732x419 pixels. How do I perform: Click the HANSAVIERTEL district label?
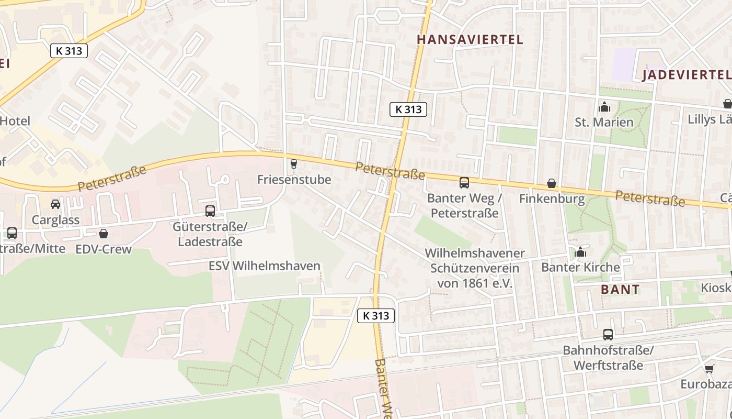[x=470, y=39]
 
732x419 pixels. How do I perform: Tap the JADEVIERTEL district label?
[x=686, y=74]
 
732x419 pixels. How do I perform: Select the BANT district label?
[x=620, y=289]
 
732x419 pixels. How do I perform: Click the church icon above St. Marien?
[x=604, y=107]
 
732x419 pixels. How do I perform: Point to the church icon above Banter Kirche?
[x=580, y=253]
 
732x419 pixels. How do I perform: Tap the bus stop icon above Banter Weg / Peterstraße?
[x=464, y=183]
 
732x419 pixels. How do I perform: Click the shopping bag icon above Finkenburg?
[x=552, y=183]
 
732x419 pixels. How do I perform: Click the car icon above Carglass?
[x=55, y=204]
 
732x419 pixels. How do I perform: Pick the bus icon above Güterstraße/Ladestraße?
[x=210, y=211]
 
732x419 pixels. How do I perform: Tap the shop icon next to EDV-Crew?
[x=104, y=234]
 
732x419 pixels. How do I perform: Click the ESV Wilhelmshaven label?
[x=264, y=266]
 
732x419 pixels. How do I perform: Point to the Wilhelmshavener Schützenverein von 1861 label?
[x=474, y=268]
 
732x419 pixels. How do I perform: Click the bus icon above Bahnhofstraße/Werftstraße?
[x=608, y=334]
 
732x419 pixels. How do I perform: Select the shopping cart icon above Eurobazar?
[x=709, y=369]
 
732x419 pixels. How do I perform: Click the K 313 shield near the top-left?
[x=69, y=51]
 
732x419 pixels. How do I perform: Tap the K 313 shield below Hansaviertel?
[x=408, y=109]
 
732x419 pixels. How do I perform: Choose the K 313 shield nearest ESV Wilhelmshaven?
[x=376, y=315]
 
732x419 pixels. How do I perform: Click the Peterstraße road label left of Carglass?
[x=112, y=179]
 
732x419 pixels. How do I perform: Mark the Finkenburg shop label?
[x=552, y=199]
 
